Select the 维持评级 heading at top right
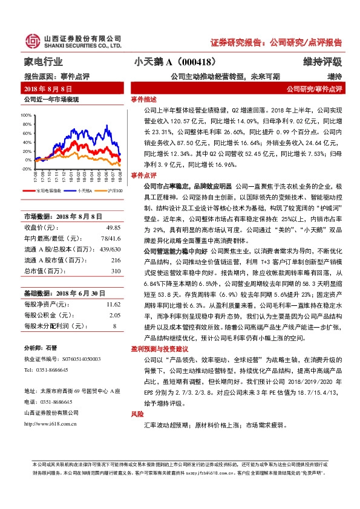[322, 62]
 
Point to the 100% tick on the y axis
[27, 114]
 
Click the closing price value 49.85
[113, 227]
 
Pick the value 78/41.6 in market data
[110, 238]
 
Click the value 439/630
[110, 248]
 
